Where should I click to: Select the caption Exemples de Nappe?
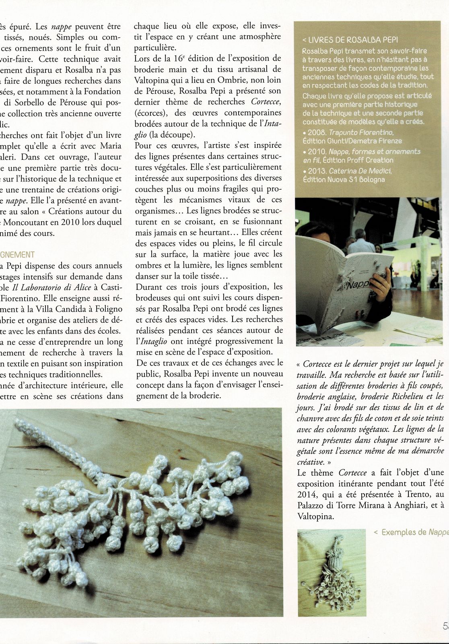click(x=414, y=533)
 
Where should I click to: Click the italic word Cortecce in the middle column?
click(x=266, y=102)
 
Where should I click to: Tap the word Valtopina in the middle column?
click(x=152, y=80)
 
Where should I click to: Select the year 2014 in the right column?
click(x=307, y=494)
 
